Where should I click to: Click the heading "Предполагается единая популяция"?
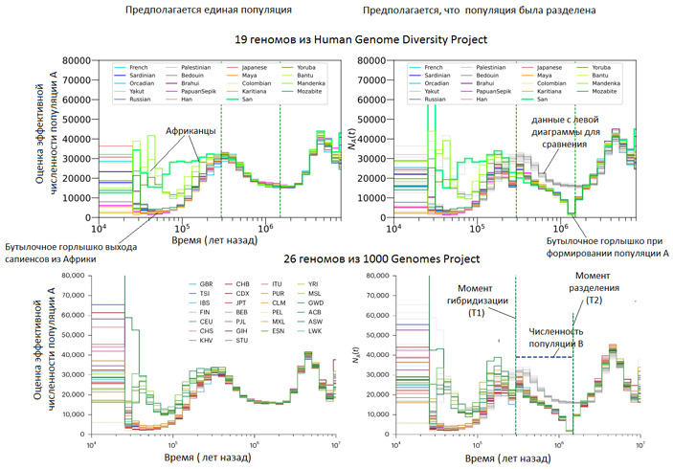(210, 10)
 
